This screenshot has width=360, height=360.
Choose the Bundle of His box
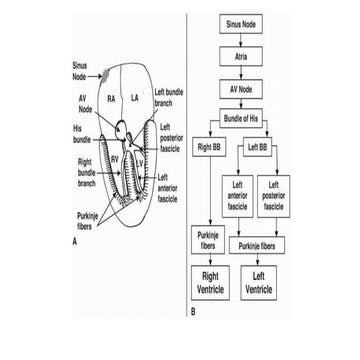(x=240, y=122)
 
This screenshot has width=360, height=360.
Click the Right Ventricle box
(x=211, y=281)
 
